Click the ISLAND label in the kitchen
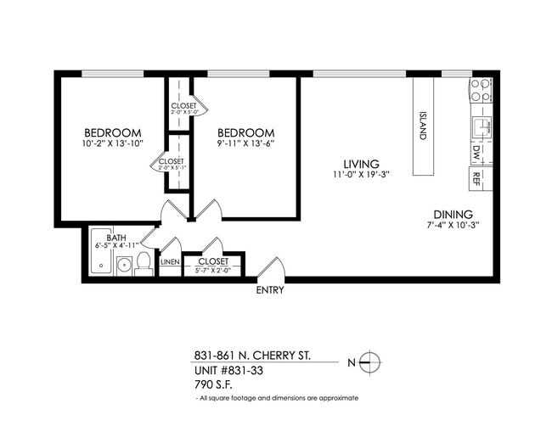pyautogui.click(x=422, y=126)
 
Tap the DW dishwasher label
pyautogui.click(x=476, y=153)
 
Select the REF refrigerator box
pyautogui.click(x=476, y=178)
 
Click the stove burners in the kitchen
pyautogui.click(x=481, y=90)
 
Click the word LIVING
pyautogui.click(x=361, y=164)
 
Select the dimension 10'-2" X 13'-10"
pyautogui.click(x=112, y=144)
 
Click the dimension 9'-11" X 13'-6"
pyautogui.click(x=245, y=144)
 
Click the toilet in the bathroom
pyautogui.click(x=144, y=261)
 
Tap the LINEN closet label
pyautogui.click(x=170, y=263)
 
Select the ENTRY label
pyautogui.click(x=270, y=290)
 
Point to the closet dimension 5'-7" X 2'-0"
pyautogui.click(x=212, y=271)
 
